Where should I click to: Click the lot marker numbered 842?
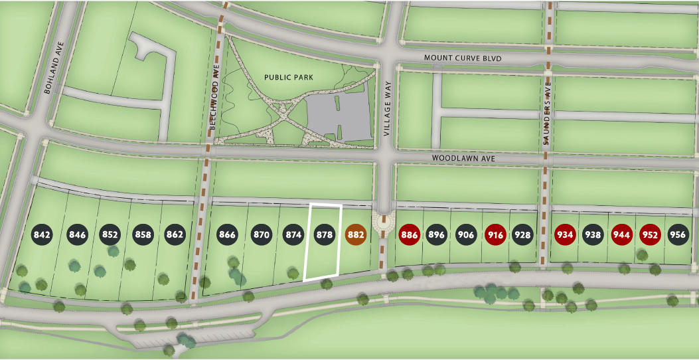click(42, 234)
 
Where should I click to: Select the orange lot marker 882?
click(356, 234)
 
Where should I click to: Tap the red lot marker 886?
click(409, 234)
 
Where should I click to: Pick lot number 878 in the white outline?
click(324, 234)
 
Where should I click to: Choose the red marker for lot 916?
click(495, 234)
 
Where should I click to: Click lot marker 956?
click(678, 234)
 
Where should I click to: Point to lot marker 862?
click(175, 234)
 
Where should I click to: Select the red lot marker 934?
click(565, 234)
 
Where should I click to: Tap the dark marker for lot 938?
click(593, 234)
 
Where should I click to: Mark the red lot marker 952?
click(650, 234)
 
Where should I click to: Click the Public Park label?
click(289, 77)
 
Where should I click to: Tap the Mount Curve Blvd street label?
click(463, 58)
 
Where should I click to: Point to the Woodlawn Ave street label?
click(463, 159)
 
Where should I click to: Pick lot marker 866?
click(228, 234)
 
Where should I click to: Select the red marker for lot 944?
click(621, 234)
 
